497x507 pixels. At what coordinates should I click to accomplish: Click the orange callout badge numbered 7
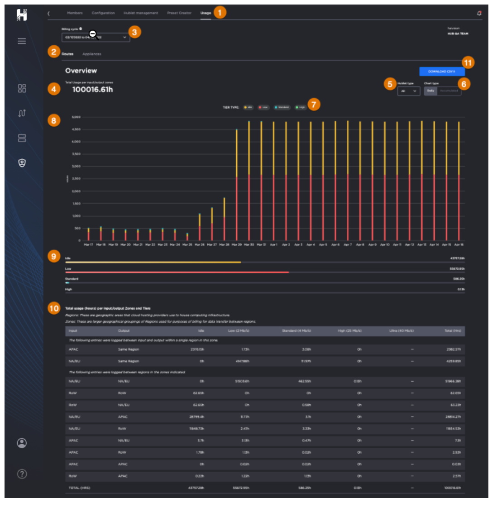313,105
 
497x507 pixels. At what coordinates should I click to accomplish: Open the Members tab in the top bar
75,13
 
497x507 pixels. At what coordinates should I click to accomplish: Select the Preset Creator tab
179,13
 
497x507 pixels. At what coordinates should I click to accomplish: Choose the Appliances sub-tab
92,54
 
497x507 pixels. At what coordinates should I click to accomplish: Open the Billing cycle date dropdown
96,38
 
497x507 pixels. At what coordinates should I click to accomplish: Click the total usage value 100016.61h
93,90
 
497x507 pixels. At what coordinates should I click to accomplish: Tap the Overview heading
81,71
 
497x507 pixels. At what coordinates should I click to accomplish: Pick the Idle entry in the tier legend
248,107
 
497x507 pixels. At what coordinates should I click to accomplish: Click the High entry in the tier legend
301,107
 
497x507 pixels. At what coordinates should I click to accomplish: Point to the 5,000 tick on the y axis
76,117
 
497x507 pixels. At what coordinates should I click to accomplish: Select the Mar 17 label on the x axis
88,244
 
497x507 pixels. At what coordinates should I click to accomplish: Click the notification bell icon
479,14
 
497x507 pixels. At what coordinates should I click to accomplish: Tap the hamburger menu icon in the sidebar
22,41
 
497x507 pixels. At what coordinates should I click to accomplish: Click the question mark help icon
22,474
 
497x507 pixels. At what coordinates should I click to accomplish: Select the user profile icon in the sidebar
22,443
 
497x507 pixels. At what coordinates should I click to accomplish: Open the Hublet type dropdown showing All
408,91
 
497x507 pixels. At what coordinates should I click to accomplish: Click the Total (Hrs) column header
453,331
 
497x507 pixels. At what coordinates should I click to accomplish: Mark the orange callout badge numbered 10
54,308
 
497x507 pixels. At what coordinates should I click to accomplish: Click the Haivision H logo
22,15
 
